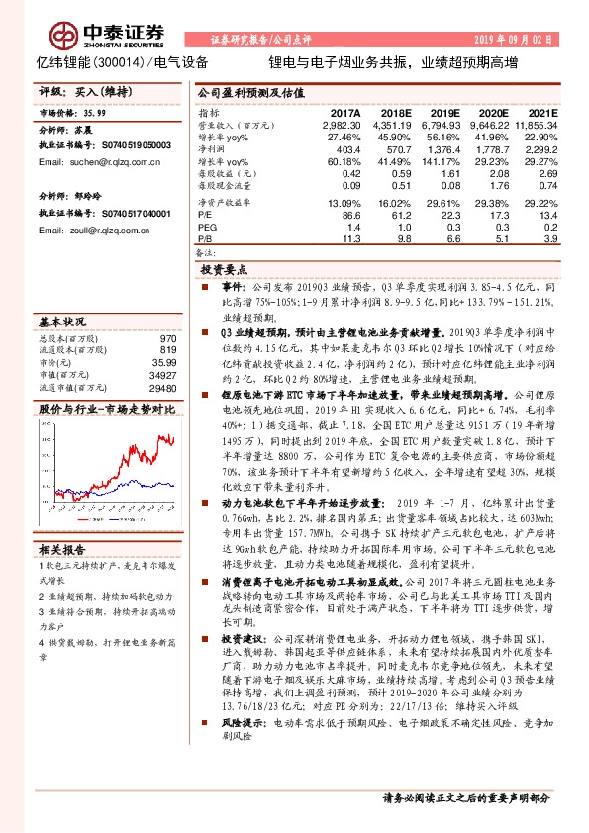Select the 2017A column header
pos(344,116)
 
